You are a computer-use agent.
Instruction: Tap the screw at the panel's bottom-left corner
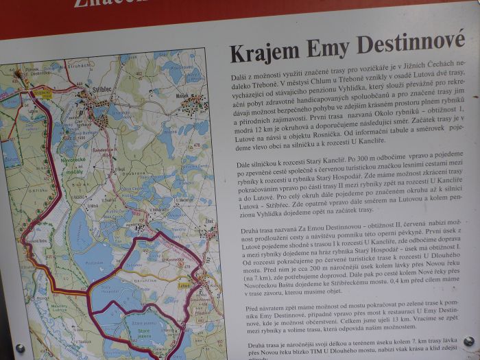coord(20,348)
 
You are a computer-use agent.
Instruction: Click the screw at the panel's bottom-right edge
coord(468,341)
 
